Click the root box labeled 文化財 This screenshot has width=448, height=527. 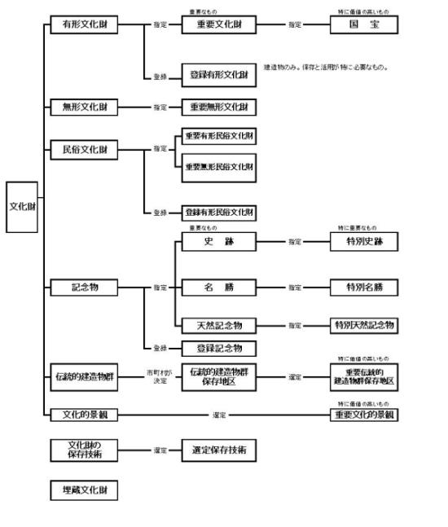(x=21, y=206)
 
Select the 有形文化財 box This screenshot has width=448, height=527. (x=84, y=25)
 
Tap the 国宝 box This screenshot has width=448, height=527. (x=365, y=25)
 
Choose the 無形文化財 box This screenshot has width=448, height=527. (x=84, y=107)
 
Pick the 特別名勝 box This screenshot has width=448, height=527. (x=365, y=287)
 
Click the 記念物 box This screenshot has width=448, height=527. (x=84, y=287)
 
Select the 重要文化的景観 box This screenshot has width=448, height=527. (x=365, y=415)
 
